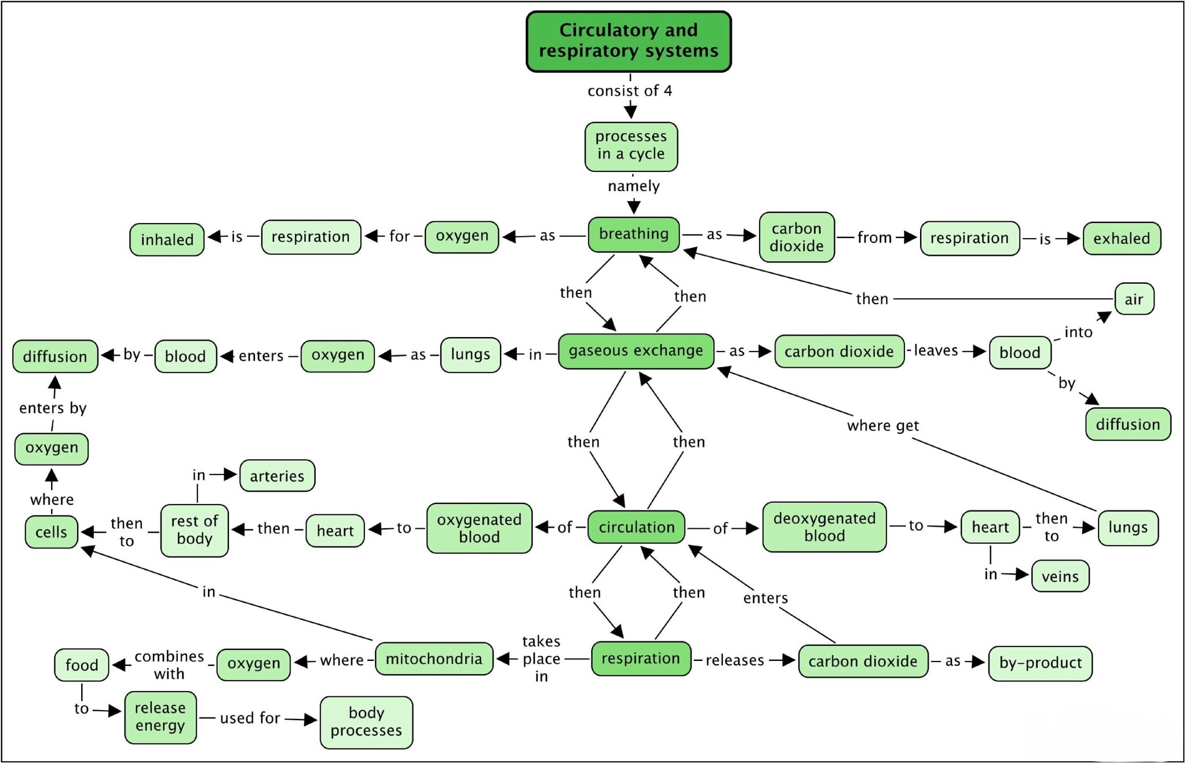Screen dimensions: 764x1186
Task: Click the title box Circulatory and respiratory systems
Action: (x=629, y=41)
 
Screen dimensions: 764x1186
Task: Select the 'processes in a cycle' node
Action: (x=631, y=146)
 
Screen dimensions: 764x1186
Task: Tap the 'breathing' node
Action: (x=633, y=234)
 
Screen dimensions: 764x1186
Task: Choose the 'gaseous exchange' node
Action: (x=636, y=351)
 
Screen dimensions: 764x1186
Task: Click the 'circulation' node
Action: (x=636, y=527)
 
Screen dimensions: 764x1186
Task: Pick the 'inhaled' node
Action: (x=167, y=239)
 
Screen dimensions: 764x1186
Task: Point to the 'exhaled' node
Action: (x=1121, y=238)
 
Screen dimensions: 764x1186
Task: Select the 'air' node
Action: (x=1134, y=299)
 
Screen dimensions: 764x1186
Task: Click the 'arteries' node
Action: (x=277, y=476)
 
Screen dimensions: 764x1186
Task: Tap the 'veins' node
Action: (x=1060, y=576)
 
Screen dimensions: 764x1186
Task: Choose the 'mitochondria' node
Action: (x=434, y=659)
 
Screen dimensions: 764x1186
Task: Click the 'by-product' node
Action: (x=1040, y=663)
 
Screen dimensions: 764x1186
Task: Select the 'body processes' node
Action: (x=366, y=722)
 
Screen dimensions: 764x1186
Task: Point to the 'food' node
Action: (x=82, y=665)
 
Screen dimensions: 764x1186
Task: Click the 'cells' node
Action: (x=51, y=532)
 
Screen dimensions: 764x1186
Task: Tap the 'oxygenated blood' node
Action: (x=479, y=528)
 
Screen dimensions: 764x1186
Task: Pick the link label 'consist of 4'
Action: (x=630, y=91)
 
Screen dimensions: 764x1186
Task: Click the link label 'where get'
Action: (x=882, y=426)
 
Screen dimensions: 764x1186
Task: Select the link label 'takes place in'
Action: (x=541, y=659)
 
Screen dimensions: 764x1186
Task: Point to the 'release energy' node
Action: (x=160, y=717)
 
